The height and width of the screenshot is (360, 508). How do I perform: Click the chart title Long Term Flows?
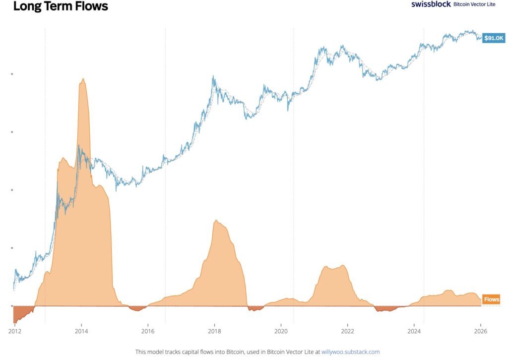(x=60, y=6)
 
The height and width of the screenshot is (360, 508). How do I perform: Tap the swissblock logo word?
(x=431, y=4)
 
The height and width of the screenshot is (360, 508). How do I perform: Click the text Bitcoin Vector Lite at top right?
(x=474, y=4)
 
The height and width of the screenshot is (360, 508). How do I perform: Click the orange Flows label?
(x=492, y=300)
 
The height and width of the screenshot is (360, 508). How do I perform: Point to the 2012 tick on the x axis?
(x=14, y=330)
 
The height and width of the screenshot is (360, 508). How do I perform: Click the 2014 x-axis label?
(x=81, y=330)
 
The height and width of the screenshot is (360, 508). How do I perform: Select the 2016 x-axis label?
(x=148, y=330)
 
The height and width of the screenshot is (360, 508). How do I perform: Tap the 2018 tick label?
(x=214, y=330)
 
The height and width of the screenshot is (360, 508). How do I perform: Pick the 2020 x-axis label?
(x=281, y=330)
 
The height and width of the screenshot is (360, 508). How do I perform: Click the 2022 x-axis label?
(x=347, y=330)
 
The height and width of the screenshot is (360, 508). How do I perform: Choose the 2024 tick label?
(x=414, y=330)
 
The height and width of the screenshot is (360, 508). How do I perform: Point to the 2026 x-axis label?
(x=480, y=330)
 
